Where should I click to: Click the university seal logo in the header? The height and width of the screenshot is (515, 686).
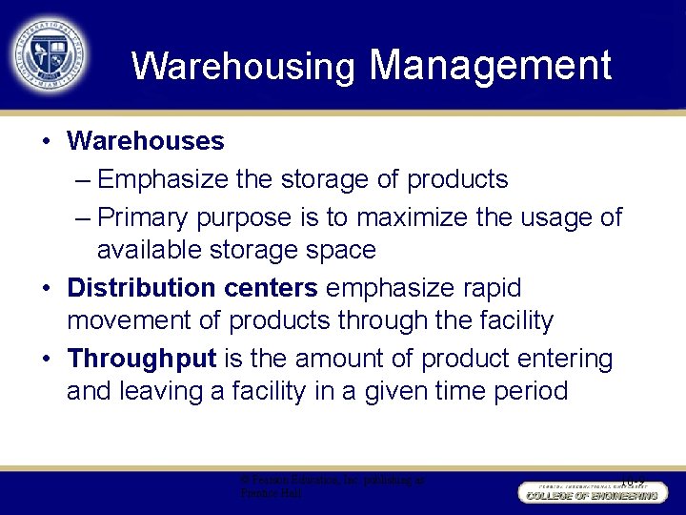click(x=49, y=52)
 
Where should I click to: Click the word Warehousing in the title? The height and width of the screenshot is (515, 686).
click(x=243, y=67)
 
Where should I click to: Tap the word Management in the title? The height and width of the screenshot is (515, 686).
click(x=490, y=65)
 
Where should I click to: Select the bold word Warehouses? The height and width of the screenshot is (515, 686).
click(x=146, y=141)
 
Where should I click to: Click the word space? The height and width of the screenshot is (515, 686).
click(x=340, y=250)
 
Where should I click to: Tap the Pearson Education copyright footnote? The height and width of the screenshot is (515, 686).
click(x=333, y=487)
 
